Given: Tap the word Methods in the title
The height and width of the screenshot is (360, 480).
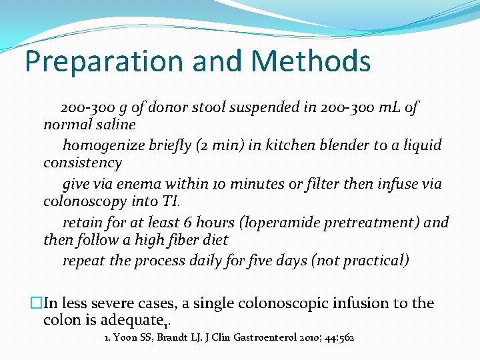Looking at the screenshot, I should click(x=312, y=61).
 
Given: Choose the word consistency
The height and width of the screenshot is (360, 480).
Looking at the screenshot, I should click(x=83, y=163).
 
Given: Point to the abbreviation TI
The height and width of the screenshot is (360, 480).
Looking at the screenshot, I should click(x=169, y=201).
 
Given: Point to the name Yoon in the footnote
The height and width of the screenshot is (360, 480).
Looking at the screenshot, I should click(x=125, y=338).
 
